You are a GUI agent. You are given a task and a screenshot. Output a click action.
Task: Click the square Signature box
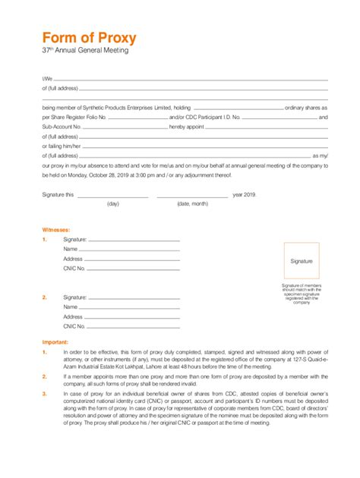[301, 261]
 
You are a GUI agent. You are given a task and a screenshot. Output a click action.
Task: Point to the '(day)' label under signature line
[113, 204]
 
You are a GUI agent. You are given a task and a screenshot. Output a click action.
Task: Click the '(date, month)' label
[192, 204]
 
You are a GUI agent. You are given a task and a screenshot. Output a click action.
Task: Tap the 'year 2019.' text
[245, 194]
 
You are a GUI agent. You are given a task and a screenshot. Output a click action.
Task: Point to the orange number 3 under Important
[45, 393]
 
